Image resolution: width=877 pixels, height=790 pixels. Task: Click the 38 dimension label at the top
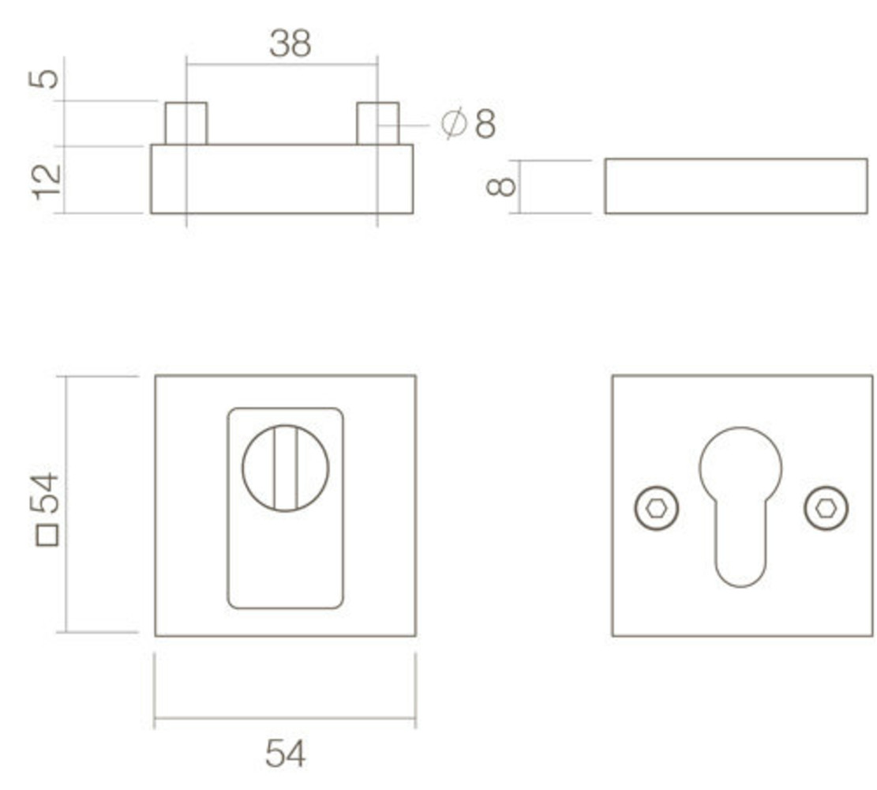[290, 44]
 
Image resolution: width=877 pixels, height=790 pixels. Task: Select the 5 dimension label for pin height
[47, 78]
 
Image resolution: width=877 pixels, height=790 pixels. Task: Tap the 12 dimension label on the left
[48, 182]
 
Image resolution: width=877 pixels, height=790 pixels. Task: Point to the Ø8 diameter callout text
[470, 124]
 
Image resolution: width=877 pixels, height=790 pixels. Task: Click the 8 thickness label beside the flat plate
[502, 186]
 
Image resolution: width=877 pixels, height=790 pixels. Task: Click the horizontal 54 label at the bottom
[284, 754]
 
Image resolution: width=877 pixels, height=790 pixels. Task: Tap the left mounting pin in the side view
[186, 123]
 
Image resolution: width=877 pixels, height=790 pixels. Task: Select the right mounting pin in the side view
[377, 123]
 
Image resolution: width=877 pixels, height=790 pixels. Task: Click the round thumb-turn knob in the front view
[285, 468]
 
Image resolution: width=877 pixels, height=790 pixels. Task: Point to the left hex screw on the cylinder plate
[657, 508]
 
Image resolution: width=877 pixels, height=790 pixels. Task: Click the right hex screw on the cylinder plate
[826, 508]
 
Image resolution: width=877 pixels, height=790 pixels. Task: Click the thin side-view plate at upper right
[736, 186]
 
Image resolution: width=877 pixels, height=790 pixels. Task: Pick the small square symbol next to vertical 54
[47, 536]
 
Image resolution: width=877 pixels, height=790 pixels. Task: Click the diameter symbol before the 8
[452, 124]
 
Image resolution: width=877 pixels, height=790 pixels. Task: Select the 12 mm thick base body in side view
[282, 179]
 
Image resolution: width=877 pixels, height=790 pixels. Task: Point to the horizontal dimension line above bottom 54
[284, 718]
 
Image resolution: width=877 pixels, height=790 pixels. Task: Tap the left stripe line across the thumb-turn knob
[274, 468]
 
